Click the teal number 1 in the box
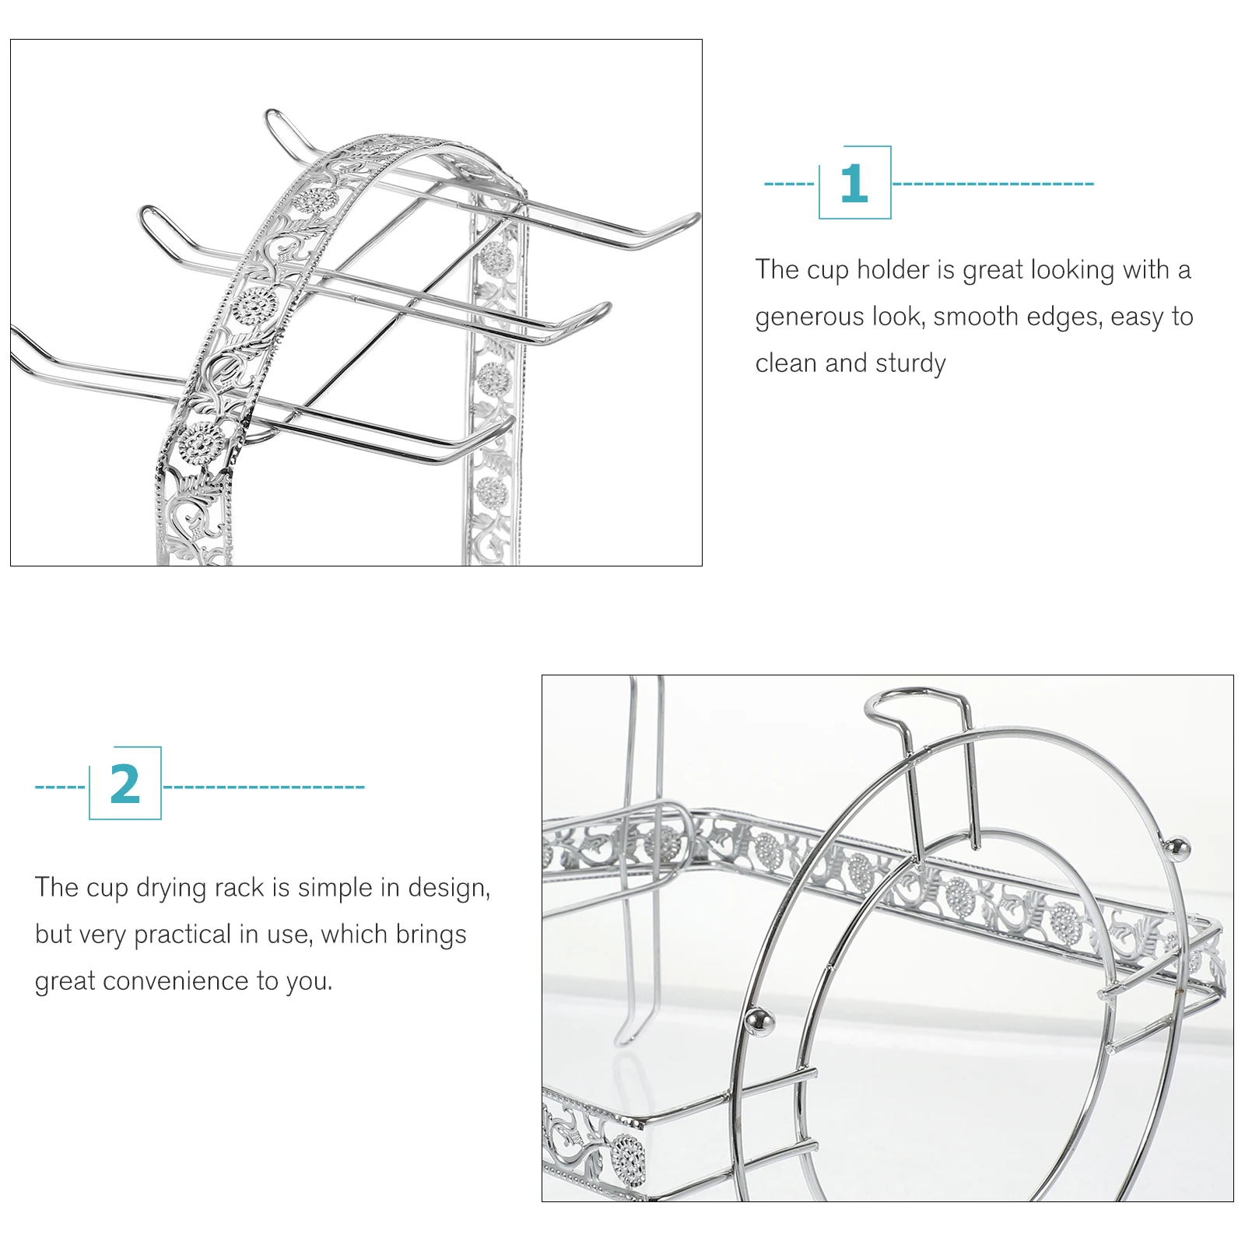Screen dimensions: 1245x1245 point(854,184)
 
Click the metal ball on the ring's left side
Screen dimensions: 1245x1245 point(759,1022)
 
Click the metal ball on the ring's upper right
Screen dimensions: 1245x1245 point(1180,847)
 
